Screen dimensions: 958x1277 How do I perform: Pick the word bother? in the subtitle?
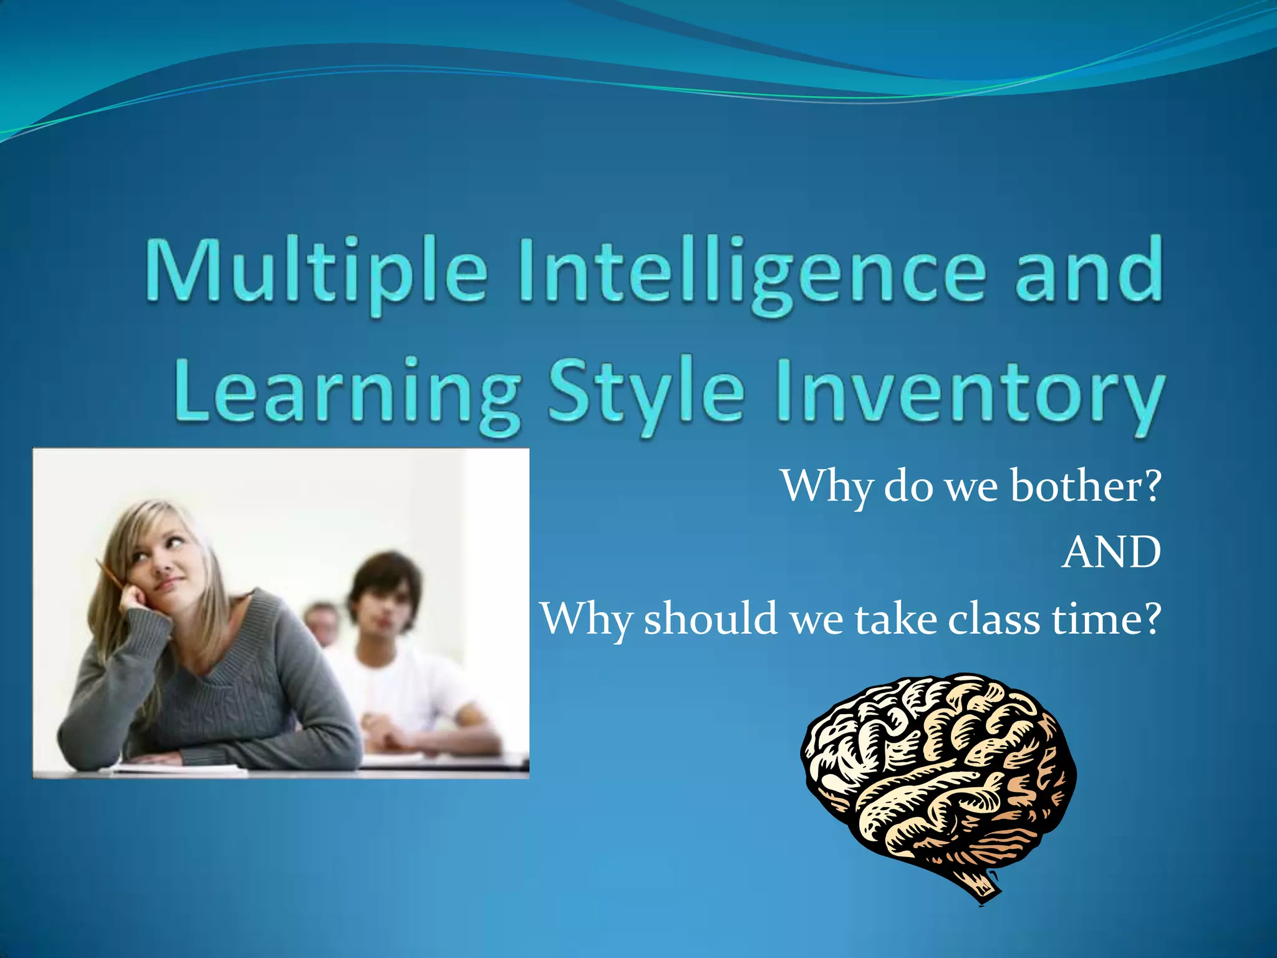point(1086,486)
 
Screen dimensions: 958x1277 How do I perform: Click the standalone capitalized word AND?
point(1111,553)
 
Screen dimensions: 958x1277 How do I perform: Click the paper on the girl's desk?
point(181,768)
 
